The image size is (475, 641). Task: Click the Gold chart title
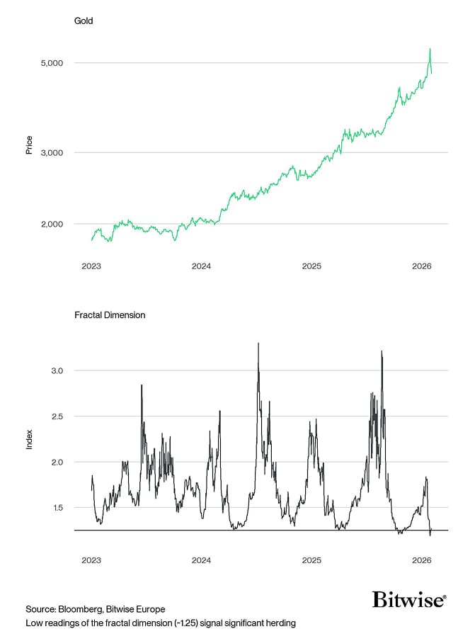click(x=84, y=21)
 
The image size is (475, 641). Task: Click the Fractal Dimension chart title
click(x=110, y=315)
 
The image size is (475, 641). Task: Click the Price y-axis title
click(x=29, y=145)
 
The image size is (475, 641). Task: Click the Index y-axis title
click(x=29, y=440)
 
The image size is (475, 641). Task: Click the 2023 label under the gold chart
click(x=91, y=266)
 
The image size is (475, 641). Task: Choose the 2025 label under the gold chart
click(x=311, y=266)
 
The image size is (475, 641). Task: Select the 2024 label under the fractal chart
click(x=201, y=560)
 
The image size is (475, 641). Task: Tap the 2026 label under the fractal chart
click(x=422, y=560)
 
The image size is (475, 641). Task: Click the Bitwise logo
click(x=409, y=600)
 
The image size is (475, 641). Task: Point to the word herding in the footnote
click(x=280, y=623)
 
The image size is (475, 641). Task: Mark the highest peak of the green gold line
click(x=430, y=49)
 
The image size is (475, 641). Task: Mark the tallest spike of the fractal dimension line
click(x=258, y=344)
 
